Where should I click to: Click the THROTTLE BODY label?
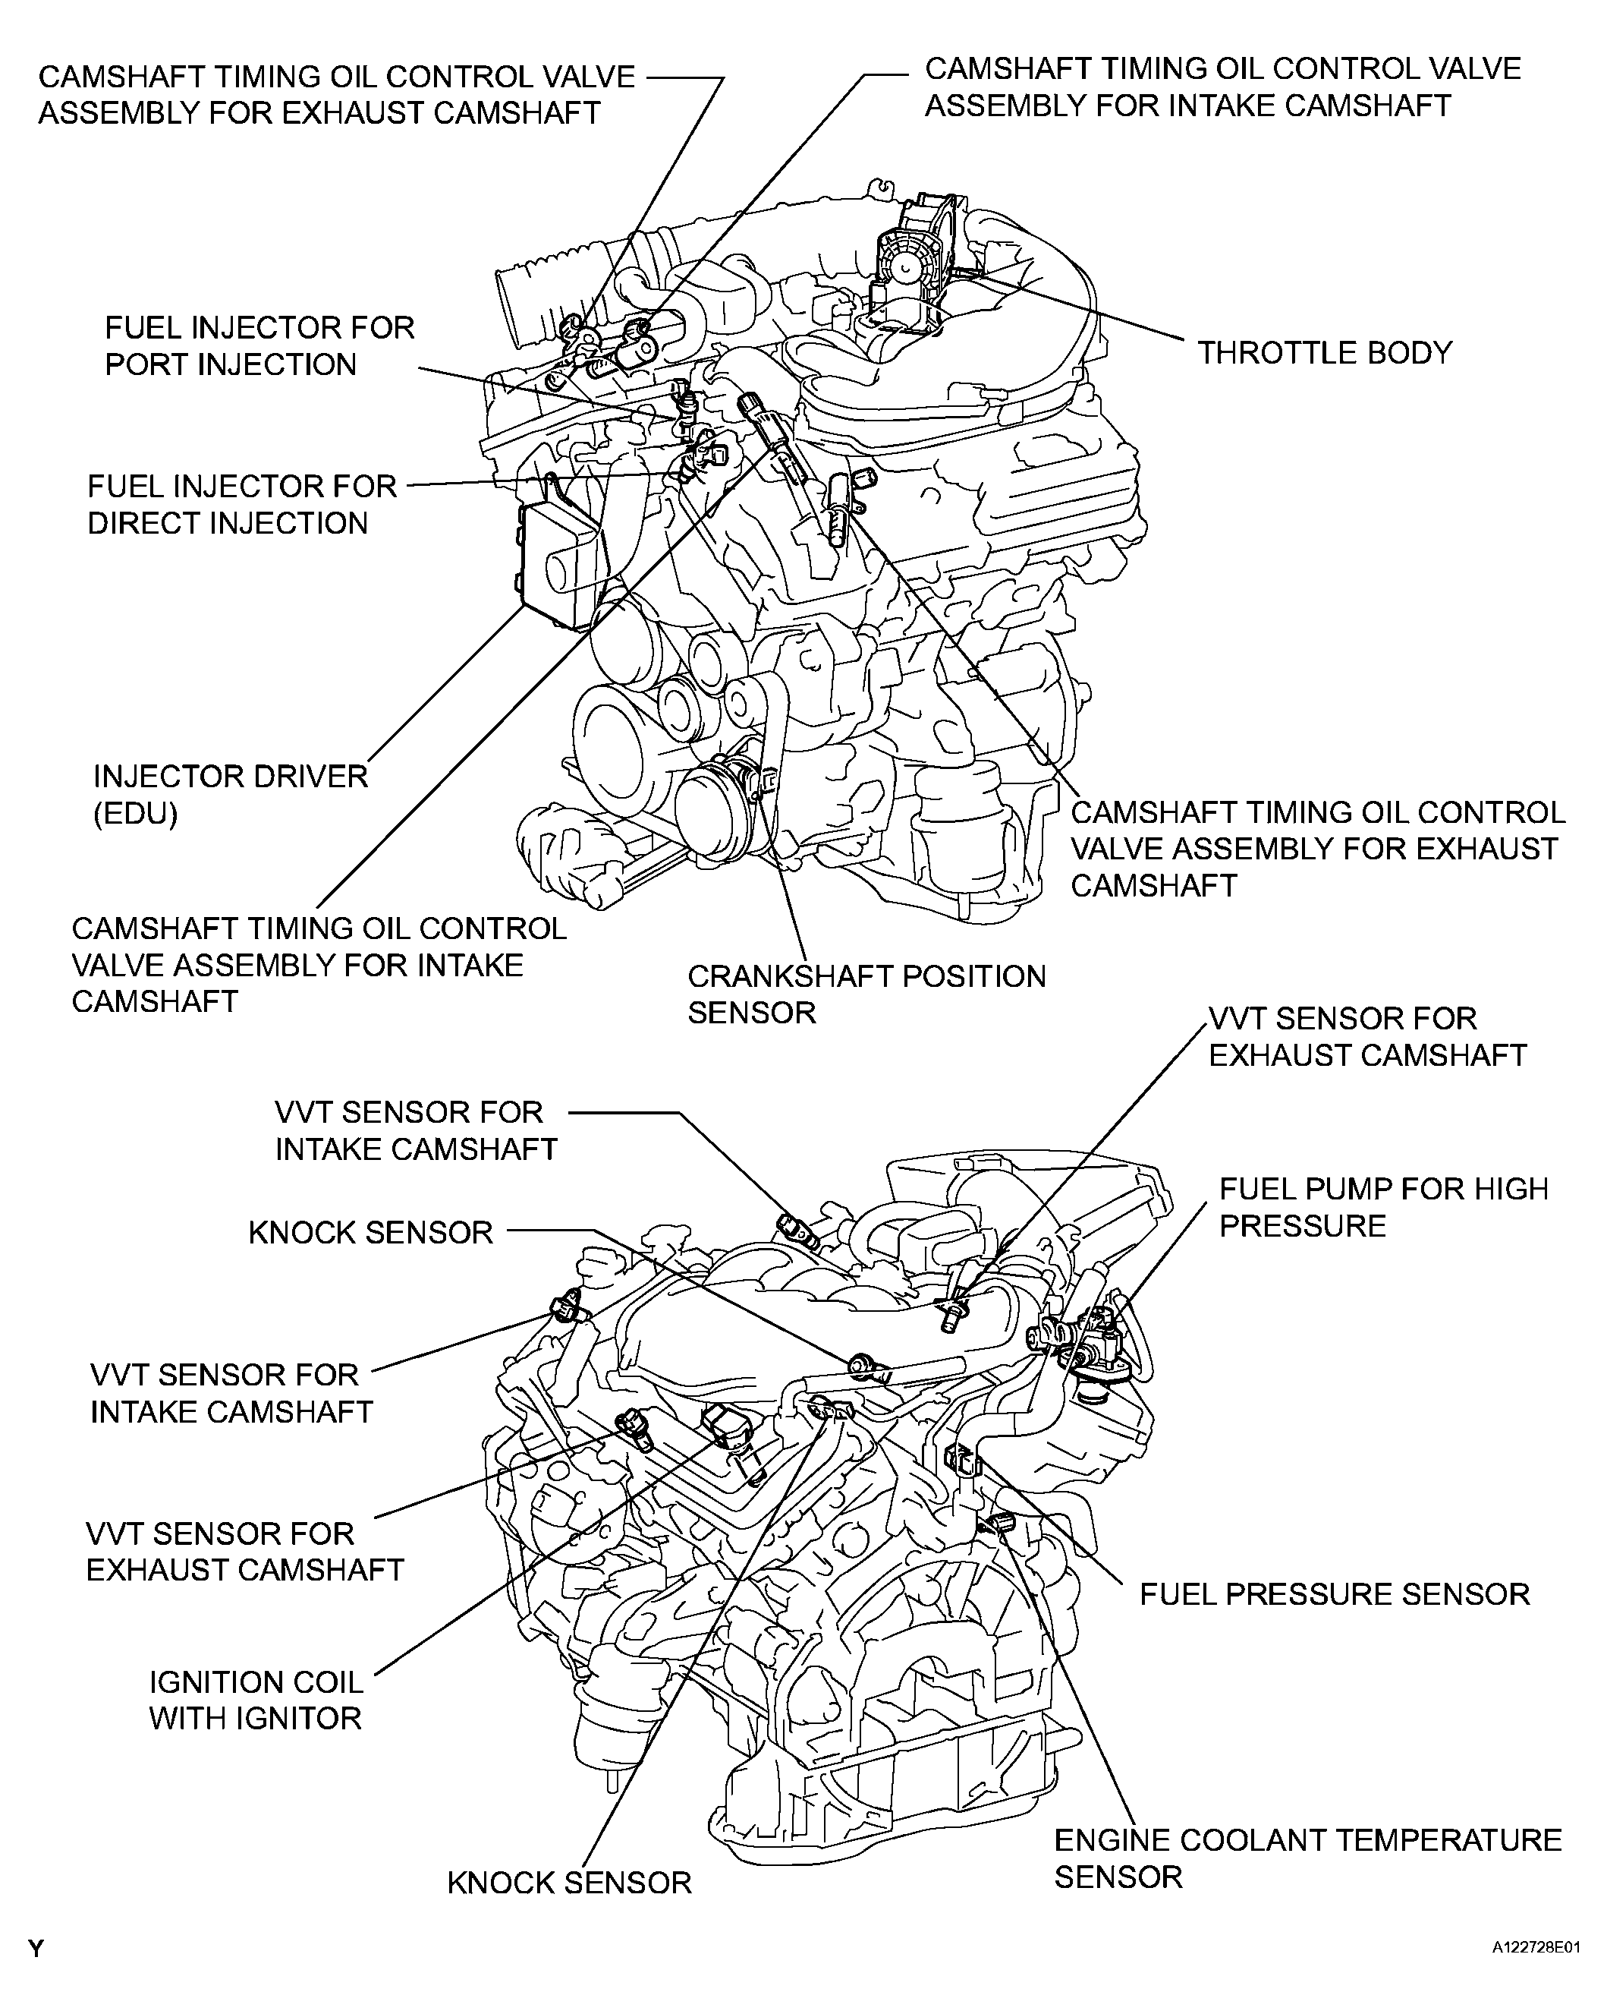pyautogui.click(x=1324, y=353)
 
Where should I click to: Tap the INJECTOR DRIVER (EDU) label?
pyautogui.click(x=230, y=795)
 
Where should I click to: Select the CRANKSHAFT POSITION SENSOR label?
pyautogui.click(x=866, y=994)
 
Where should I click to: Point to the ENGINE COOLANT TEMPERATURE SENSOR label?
pyautogui.click(x=1307, y=1858)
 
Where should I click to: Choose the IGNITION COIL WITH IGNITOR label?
pyautogui.click(x=255, y=1700)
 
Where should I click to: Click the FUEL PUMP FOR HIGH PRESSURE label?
pyautogui.click(x=1383, y=1207)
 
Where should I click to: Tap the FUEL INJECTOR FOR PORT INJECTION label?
pyautogui.click(x=259, y=345)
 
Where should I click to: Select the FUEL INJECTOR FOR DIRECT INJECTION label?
pyautogui.click(x=242, y=504)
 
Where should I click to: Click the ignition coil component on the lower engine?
pyautogui.click(x=731, y=1438)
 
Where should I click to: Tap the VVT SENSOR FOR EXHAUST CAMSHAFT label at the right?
pyautogui.click(x=1366, y=1037)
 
